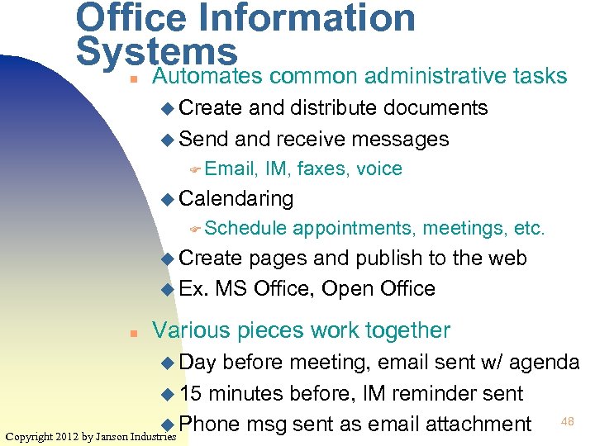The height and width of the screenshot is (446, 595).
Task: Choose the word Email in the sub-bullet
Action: [x=231, y=169]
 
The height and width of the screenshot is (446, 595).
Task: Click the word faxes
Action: [x=323, y=169]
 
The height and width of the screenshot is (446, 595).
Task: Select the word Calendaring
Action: [x=236, y=198]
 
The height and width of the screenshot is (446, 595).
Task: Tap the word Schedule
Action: [x=245, y=229]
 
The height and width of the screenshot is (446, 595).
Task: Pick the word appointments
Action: [x=356, y=229]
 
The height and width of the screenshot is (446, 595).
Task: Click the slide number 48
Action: [x=568, y=422]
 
